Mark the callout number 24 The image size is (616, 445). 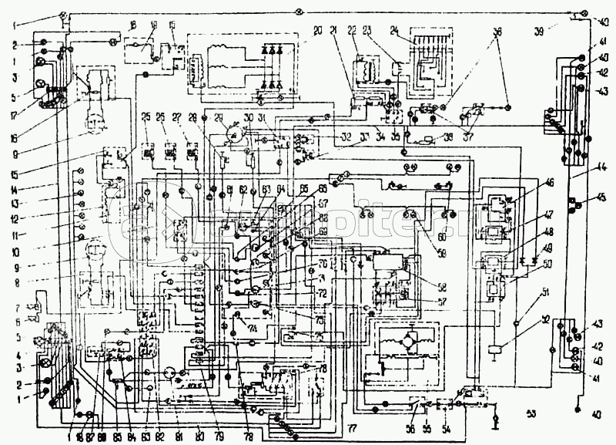pyautogui.click(x=395, y=31)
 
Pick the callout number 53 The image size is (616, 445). pyautogui.click(x=530, y=413)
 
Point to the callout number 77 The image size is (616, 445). pyautogui.click(x=352, y=426)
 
